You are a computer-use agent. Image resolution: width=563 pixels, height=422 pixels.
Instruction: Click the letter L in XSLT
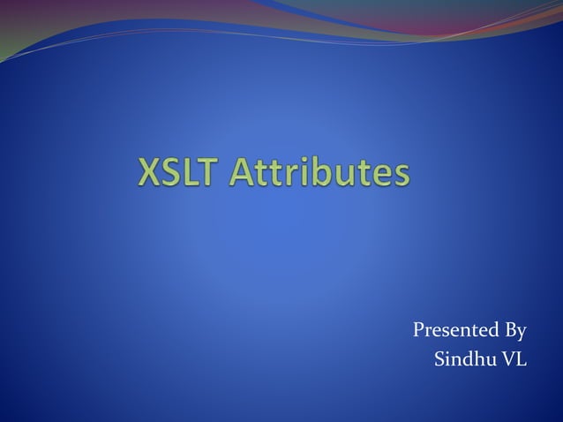(199, 173)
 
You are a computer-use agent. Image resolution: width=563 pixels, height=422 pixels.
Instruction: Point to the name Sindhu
(466, 360)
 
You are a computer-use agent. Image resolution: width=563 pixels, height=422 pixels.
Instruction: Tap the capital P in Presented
(418, 332)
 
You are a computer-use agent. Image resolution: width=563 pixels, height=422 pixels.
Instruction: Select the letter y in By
(522, 335)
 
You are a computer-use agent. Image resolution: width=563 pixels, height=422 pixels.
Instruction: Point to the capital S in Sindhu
(440, 360)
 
